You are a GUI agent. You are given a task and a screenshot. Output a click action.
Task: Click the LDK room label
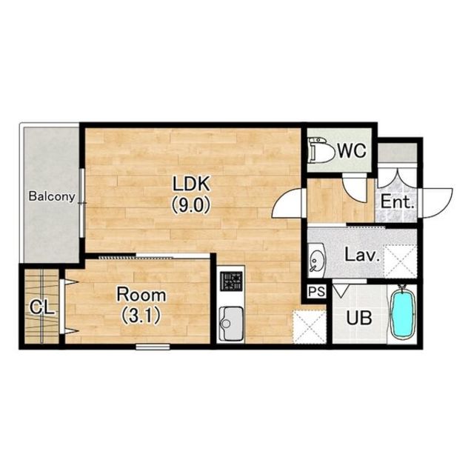coord(191,184)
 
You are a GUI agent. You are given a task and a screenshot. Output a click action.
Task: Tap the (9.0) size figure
coord(191,206)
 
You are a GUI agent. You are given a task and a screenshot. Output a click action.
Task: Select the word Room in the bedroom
coord(141,295)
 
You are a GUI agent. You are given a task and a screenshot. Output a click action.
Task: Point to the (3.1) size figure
coord(141,316)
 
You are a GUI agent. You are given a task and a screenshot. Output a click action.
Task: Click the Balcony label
coord(52,196)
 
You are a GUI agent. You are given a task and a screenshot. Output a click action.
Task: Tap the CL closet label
coord(42,308)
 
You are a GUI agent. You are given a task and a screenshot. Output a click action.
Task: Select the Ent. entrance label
coord(397,201)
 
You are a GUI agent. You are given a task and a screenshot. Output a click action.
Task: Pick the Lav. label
coord(362,255)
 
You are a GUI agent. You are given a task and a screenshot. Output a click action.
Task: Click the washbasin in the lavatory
coord(316,260)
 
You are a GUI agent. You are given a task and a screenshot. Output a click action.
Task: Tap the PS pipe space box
coord(316,292)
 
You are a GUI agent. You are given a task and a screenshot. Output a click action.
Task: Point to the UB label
coord(359,318)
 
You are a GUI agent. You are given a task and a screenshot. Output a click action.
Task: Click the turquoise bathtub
coord(402,314)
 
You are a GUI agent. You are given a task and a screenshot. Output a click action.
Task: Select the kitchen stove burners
coord(231,281)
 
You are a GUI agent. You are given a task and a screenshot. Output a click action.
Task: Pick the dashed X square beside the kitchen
coord(310,327)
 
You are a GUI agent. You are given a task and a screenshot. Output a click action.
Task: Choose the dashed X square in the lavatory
coord(400,261)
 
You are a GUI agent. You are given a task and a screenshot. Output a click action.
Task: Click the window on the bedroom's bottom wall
coord(153,347)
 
